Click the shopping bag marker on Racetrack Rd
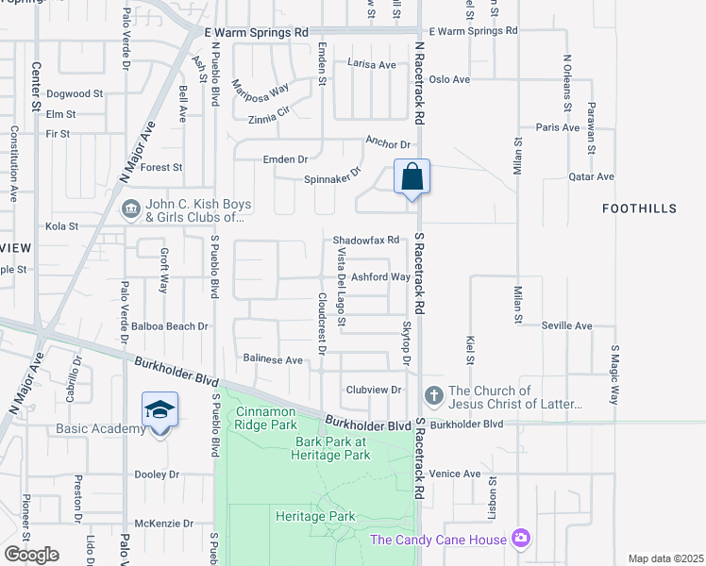412,176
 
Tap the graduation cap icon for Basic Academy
160,410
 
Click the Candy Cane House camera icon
520,539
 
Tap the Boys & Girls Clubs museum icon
130,208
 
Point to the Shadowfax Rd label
366,241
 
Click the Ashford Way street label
380,277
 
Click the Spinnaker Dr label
333,176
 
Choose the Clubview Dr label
374,390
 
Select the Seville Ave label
566,326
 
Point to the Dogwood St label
75,94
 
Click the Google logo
32,555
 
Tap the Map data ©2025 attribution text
664,558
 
